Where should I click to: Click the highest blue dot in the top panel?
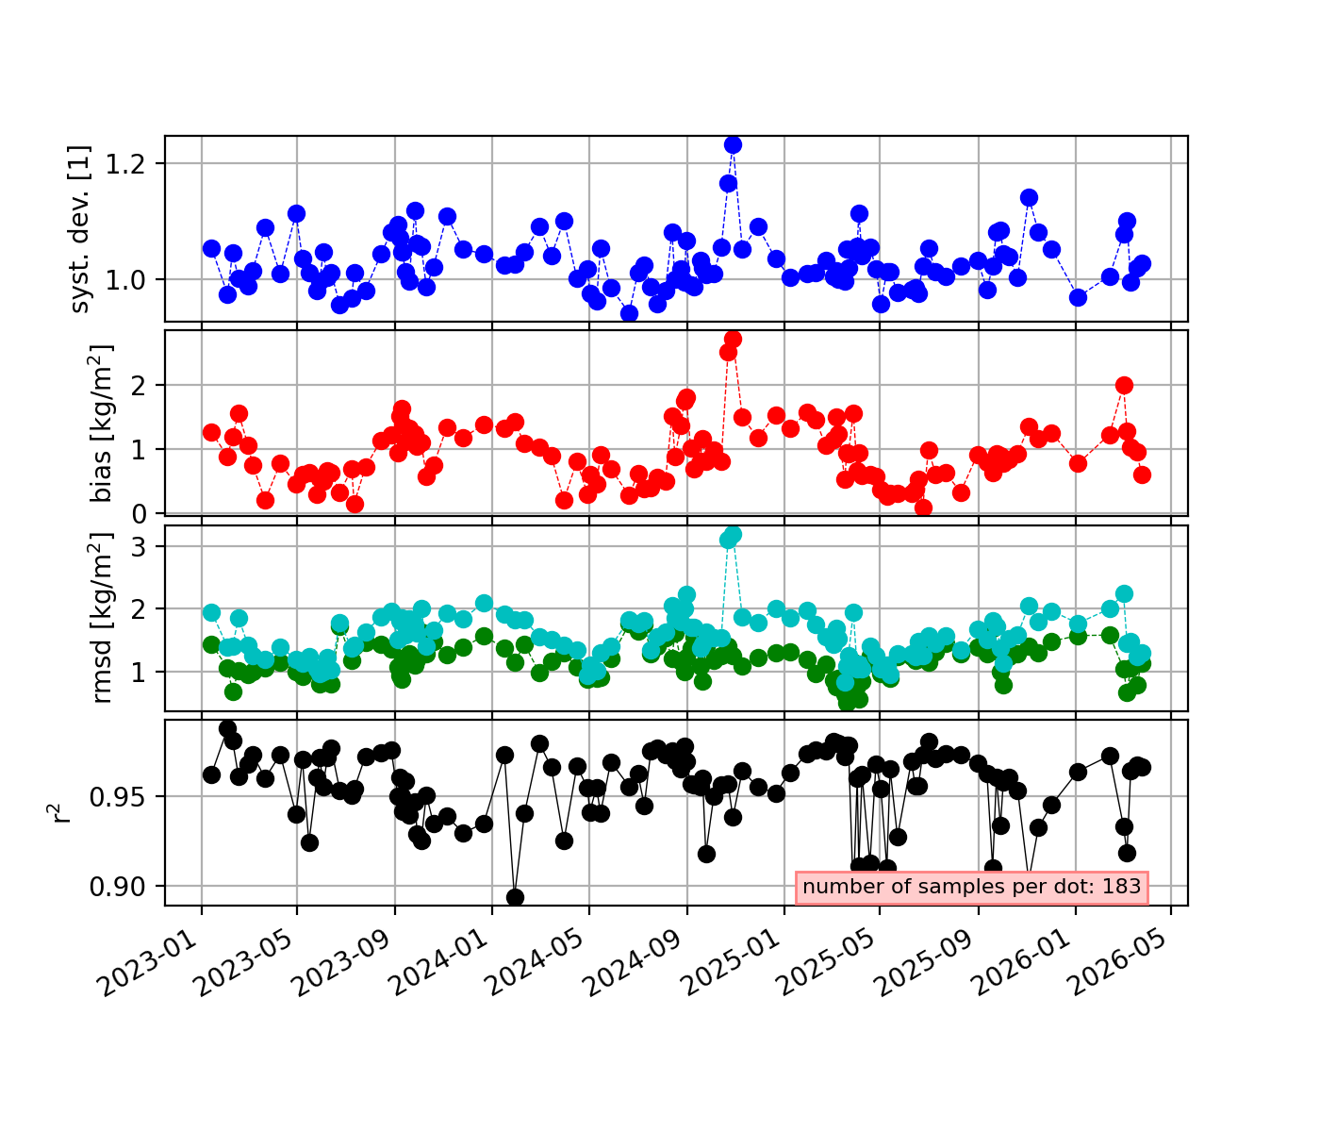tap(733, 145)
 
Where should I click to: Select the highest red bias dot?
tap(733, 339)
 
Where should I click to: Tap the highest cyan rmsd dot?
tap(734, 533)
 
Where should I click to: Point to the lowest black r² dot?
tap(516, 897)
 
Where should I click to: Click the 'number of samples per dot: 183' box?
tap(972, 887)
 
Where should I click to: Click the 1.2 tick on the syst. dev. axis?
tap(126, 164)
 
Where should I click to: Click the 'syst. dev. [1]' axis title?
tap(79, 229)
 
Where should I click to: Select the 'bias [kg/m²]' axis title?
tap(101, 423)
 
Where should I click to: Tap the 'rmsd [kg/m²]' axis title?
tap(101, 617)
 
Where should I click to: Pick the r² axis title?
tap(58, 812)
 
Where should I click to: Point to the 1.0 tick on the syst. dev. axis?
tap(126, 280)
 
